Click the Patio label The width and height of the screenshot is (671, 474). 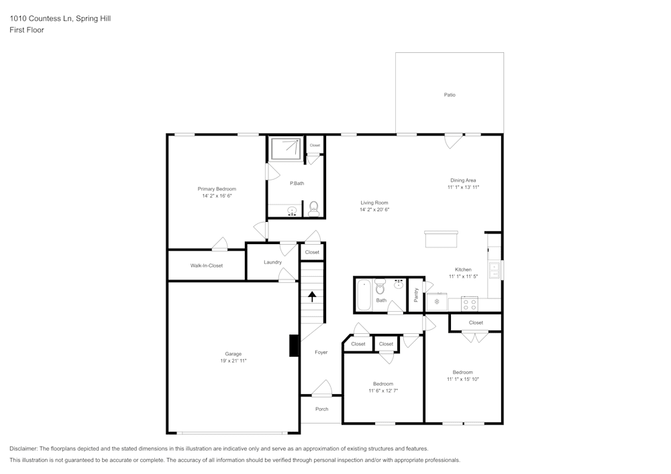point(450,95)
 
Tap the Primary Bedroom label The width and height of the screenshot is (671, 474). point(217,189)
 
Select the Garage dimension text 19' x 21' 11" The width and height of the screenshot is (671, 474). point(233,361)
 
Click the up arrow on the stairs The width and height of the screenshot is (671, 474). point(312,296)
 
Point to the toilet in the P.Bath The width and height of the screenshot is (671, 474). point(313,209)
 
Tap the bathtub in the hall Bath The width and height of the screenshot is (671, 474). point(364,294)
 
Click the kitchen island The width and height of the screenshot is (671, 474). point(441,239)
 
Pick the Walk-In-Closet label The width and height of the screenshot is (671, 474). point(206,265)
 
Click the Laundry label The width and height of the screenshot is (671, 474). point(272,262)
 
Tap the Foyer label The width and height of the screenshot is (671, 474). point(321,352)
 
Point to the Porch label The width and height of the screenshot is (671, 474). point(321,409)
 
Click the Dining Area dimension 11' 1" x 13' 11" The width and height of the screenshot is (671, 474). point(463,188)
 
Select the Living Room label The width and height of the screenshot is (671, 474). point(374,202)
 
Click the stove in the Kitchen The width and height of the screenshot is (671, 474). point(470,304)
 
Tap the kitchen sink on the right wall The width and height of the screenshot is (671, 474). point(495,270)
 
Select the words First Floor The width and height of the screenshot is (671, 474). point(27,30)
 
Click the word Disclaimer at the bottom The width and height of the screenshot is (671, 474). point(23,449)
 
